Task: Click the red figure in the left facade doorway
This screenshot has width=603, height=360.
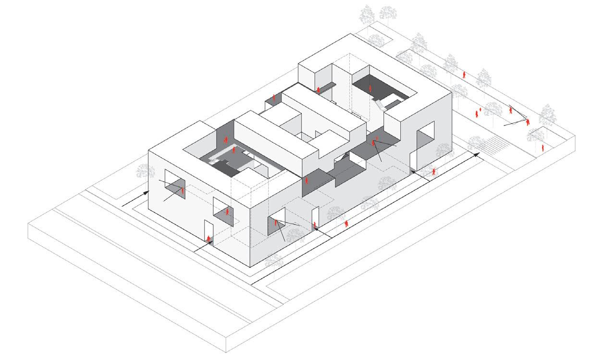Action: click(209, 239)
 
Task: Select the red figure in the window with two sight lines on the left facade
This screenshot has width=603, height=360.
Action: click(183, 191)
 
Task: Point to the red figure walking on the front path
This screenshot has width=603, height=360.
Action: click(346, 223)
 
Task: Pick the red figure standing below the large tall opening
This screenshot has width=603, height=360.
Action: click(434, 172)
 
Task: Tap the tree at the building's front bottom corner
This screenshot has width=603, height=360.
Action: click(273, 261)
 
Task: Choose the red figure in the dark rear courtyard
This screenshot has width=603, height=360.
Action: click(370, 89)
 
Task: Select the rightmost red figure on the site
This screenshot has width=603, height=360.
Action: click(543, 148)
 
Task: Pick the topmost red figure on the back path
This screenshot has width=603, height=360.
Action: click(464, 75)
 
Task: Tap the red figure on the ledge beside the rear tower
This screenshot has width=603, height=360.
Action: click(318, 89)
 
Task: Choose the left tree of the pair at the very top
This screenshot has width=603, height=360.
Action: click(367, 14)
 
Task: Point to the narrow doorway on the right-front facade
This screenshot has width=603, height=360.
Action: click(315, 219)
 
